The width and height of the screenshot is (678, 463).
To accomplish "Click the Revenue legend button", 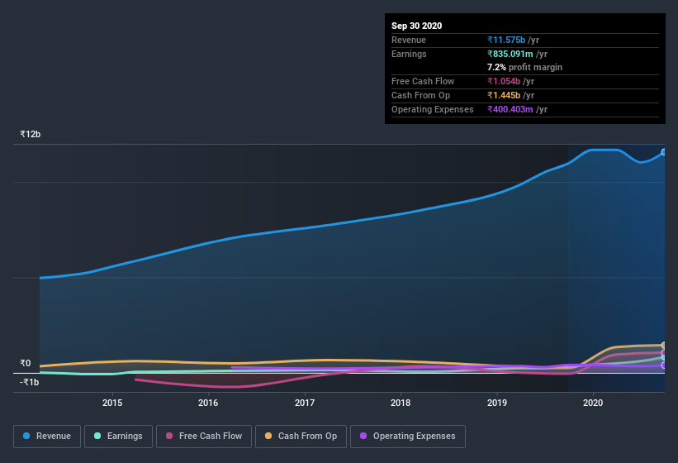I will click(47, 436).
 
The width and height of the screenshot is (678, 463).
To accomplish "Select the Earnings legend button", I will click(118, 436).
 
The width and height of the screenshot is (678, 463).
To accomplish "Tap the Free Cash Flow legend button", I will click(204, 436).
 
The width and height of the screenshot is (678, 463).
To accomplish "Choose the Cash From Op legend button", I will click(300, 436).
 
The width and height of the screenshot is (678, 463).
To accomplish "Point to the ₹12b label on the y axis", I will click(31, 134).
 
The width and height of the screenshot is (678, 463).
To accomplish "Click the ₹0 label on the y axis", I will click(26, 363).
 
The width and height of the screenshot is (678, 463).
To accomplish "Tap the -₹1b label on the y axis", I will click(30, 382).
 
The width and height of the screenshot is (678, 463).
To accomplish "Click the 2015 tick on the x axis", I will click(112, 403).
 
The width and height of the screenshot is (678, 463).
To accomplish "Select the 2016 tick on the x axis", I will click(208, 403).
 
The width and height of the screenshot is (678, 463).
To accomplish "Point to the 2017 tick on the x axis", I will click(305, 403).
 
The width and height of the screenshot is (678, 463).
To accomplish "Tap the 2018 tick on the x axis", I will click(401, 403).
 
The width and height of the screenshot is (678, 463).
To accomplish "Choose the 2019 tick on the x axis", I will click(497, 403).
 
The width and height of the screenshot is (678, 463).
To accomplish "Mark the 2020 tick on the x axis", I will click(593, 403).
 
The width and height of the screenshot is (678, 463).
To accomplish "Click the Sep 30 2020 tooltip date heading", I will click(416, 26).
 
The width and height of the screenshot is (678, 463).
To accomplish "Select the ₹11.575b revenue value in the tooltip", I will click(513, 40).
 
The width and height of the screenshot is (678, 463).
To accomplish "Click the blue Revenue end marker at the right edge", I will click(663, 152).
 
